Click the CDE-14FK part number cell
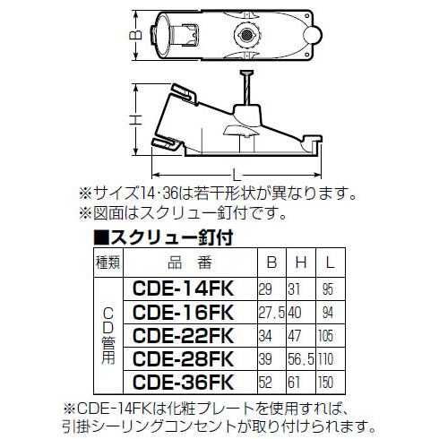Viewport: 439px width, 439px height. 183,288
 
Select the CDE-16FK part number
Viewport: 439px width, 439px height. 183,313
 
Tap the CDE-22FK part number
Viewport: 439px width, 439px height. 183,336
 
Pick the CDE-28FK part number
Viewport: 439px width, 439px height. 183,359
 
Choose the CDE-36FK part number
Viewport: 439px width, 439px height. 183,383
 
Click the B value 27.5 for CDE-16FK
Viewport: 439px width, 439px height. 271,313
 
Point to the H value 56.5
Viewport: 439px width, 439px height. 301,359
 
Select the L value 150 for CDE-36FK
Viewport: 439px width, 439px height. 325,383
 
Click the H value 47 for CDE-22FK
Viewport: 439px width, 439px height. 295,336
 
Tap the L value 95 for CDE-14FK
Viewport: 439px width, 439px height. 328,289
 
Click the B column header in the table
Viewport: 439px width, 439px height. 271,263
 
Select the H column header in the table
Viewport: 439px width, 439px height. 301,263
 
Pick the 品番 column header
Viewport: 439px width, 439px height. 190,263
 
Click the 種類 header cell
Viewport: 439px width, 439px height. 108,263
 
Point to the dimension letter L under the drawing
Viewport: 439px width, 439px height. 237,175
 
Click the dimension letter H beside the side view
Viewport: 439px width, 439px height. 135,120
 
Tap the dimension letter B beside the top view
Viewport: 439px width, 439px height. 135,35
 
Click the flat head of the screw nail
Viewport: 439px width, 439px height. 247,73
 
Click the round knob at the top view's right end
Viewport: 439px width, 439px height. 313,35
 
